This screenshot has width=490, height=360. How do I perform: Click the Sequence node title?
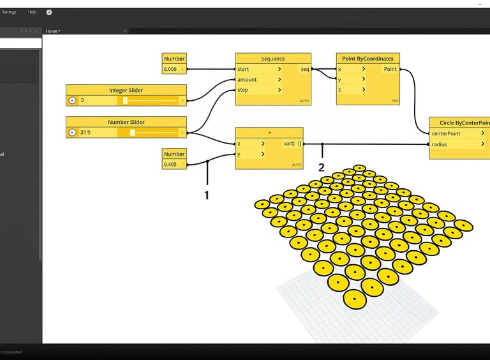pos(272,59)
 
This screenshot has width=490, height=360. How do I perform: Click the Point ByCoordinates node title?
pos(367,59)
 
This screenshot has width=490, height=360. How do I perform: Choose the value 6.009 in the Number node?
pos(170,69)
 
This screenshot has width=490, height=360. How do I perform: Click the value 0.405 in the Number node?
pos(170,164)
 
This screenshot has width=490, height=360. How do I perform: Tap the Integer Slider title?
pos(126,90)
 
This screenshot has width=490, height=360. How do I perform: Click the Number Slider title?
pos(126,122)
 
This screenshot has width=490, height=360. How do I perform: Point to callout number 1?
pos(207,195)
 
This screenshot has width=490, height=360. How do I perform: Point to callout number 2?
pos(322,167)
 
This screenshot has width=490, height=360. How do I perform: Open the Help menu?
pos(33,12)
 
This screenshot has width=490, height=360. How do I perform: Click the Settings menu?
pos(9,12)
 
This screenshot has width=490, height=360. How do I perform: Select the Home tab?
pos(52,31)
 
